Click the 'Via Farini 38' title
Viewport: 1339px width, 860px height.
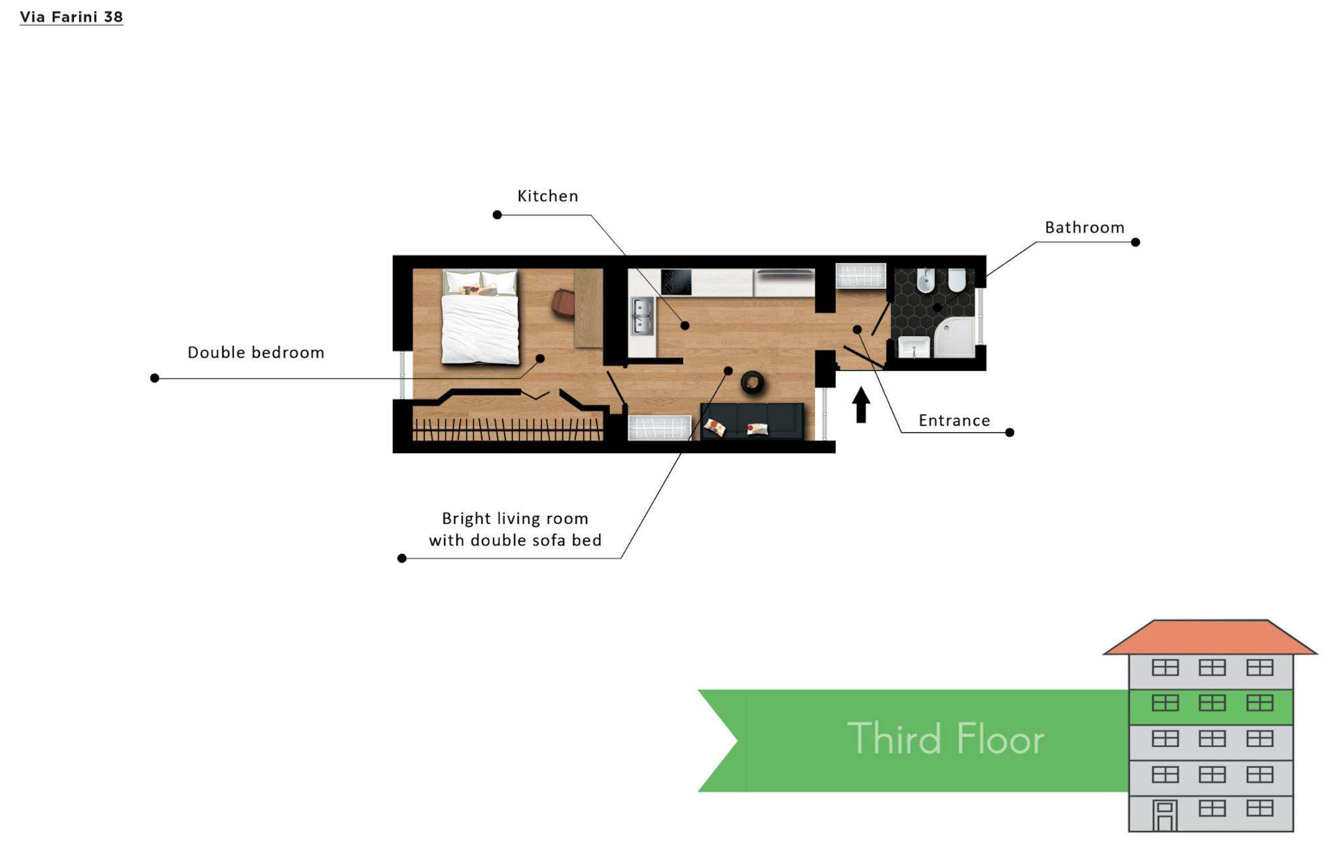[71, 17]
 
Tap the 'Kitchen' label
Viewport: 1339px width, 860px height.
[548, 196]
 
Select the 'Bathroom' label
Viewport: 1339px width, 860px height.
[1085, 228]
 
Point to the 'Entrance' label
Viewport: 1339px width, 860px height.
[955, 421]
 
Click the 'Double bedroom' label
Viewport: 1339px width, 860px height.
[256, 353]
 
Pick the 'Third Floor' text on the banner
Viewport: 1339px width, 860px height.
[946, 739]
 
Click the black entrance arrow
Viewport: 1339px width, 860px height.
[861, 404]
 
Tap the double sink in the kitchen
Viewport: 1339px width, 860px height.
[642, 317]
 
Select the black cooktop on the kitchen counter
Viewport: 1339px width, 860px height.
[676, 283]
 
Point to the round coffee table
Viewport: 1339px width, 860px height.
[753, 383]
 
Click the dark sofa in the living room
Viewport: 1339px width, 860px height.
[752, 421]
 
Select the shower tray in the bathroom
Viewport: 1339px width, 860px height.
[954, 337]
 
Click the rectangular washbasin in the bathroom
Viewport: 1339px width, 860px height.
[914, 347]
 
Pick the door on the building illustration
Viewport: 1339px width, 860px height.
[1164, 816]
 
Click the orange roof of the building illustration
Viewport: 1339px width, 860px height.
[1210, 638]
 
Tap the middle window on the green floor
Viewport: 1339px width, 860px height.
[1212, 703]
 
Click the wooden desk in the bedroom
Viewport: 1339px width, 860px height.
[588, 308]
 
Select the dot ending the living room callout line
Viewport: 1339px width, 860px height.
[402, 558]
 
